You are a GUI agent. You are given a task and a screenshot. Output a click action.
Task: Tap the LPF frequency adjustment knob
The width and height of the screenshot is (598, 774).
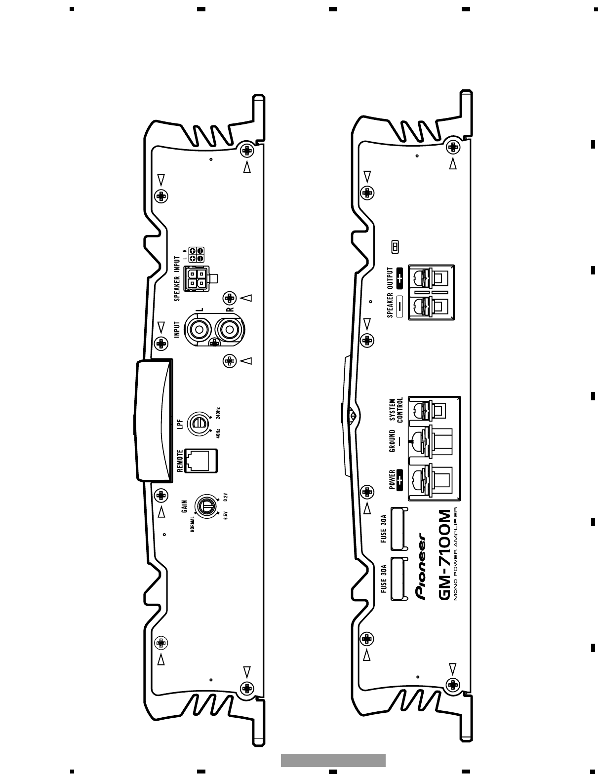pyautogui.click(x=199, y=423)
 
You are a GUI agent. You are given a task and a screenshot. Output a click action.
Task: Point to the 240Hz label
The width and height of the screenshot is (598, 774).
pyautogui.click(x=218, y=413)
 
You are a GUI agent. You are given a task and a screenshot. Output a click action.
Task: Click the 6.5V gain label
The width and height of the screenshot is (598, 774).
pyautogui.click(x=226, y=515)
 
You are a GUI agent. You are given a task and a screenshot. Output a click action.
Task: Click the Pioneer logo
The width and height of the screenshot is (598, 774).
pyautogui.click(x=422, y=565)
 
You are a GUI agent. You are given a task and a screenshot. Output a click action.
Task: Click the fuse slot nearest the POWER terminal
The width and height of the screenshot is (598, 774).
pyautogui.click(x=399, y=528)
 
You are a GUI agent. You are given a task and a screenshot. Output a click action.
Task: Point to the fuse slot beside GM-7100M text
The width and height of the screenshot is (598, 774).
pyautogui.click(x=399, y=579)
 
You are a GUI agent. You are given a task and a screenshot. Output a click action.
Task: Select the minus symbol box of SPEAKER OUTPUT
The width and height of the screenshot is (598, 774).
pyautogui.click(x=399, y=308)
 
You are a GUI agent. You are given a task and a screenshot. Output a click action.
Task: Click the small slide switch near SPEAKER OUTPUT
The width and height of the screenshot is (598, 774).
pyautogui.click(x=395, y=247)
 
